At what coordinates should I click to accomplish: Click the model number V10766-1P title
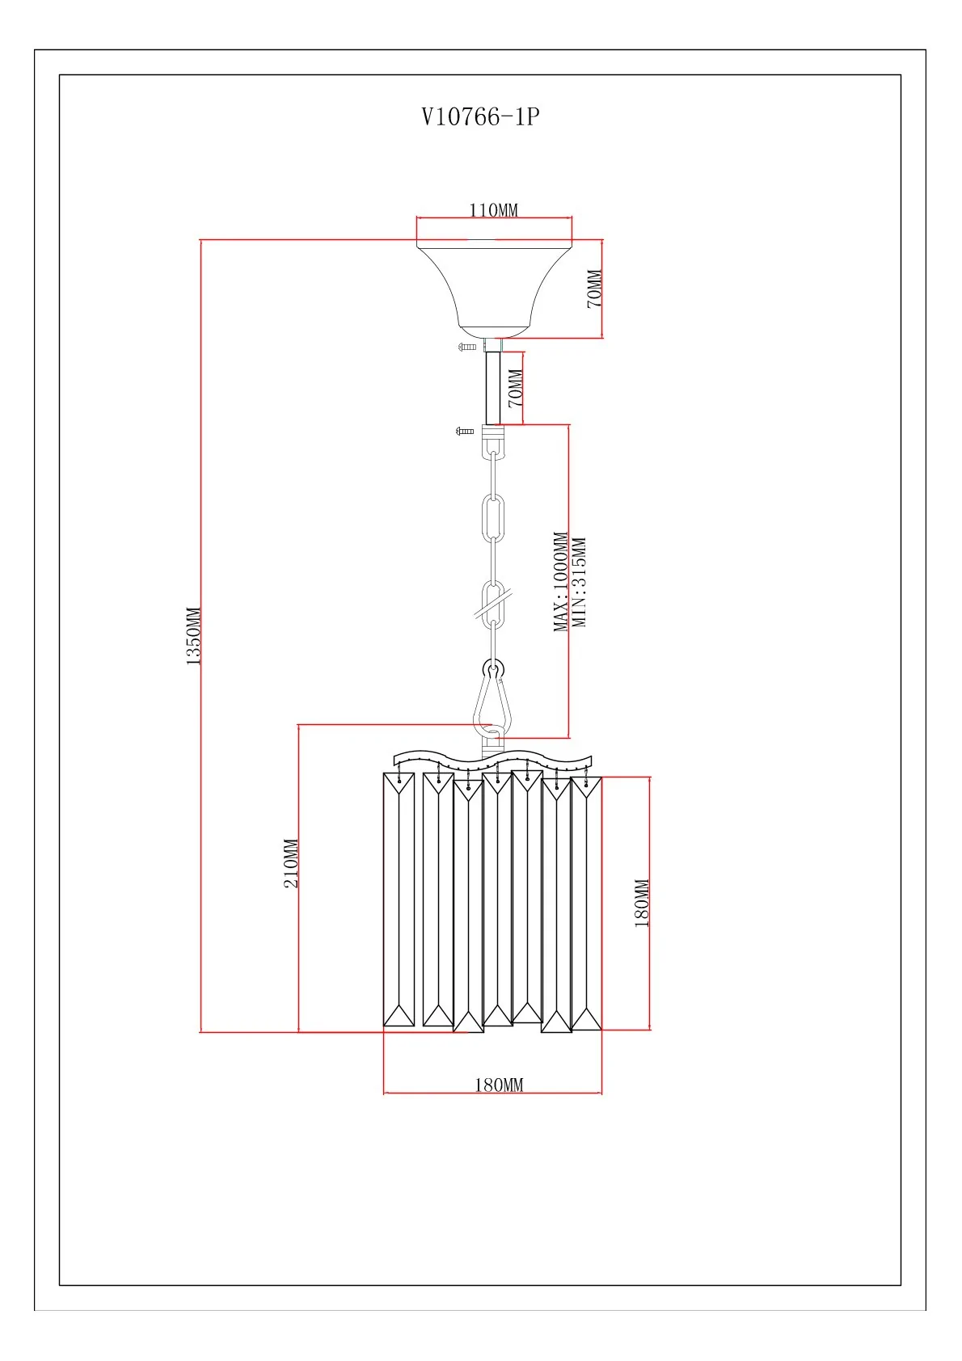pyautogui.click(x=480, y=117)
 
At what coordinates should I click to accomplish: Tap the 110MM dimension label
pyautogui.click(x=493, y=210)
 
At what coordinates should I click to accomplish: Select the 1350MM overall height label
pyautogui.click(x=194, y=636)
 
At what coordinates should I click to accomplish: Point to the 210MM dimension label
pyautogui.click(x=291, y=864)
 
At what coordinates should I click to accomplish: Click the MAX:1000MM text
pyautogui.click(x=561, y=581)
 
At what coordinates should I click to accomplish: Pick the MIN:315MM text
pyautogui.click(x=579, y=582)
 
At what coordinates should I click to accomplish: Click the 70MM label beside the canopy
pyautogui.click(x=594, y=289)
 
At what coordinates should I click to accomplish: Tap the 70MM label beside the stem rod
pyautogui.click(x=515, y=388)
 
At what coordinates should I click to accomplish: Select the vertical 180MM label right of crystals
pyautogui.click(x=642, y=903)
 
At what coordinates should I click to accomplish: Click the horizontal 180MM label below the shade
pyautogui.click(x=499, y=1085)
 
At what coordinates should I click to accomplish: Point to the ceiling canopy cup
pyautogui.click(x=494, y=287)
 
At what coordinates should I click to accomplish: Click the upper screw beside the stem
pyautogui.click(x=467, y=347)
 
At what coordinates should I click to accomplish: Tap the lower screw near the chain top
pyautogui.click(x=465, y=432)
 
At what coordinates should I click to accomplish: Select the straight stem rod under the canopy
pyautogui.click(x=493, y=388)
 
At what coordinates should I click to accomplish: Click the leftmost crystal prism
pyautogui.click(x=399, y=900)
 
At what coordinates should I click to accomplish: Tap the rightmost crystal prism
pyautogui.click(x=586, y=903)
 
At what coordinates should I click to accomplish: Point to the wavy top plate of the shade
pyautogui.click(x=492, y=760)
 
